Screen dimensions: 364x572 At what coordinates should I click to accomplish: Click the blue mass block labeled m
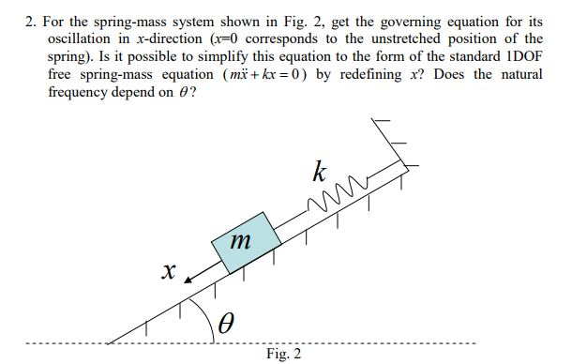click(x=244, y=242)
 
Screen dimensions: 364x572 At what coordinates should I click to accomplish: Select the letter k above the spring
click(x=321, y=172)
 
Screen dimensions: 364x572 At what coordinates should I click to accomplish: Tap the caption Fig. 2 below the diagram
click(x=283, y=354)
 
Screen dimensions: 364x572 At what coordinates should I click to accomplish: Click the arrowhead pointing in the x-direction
click(x=188, y=279)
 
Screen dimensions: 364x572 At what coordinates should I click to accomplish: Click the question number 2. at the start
click(x=31, y=22)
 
